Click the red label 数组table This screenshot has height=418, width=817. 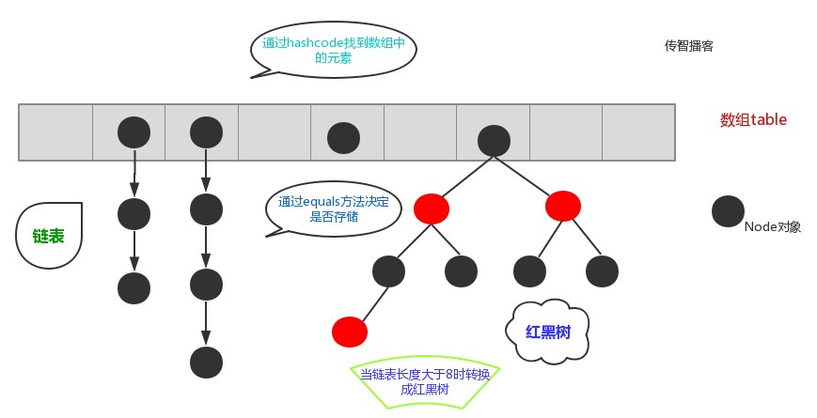753,119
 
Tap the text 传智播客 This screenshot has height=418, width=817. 688,46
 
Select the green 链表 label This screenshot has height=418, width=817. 49,236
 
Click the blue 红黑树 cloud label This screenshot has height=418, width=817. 547,331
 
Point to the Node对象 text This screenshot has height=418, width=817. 773,226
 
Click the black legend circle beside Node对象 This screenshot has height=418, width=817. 728,211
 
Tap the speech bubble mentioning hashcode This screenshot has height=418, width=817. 334,50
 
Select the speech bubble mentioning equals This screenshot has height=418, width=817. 334,209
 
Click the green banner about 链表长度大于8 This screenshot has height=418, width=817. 425,381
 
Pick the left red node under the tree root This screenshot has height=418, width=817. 432,209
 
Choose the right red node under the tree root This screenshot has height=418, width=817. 563,206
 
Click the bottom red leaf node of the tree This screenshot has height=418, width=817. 350,332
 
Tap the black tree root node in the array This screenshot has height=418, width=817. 494,141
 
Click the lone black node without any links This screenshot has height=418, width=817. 343,138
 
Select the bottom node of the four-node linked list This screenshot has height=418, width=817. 206,363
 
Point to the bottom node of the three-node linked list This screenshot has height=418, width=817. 134,288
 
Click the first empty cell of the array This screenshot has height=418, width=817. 55,132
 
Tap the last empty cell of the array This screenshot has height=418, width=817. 638,132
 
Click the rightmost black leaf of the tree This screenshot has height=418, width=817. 602,271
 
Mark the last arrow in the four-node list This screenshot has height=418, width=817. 206,323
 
